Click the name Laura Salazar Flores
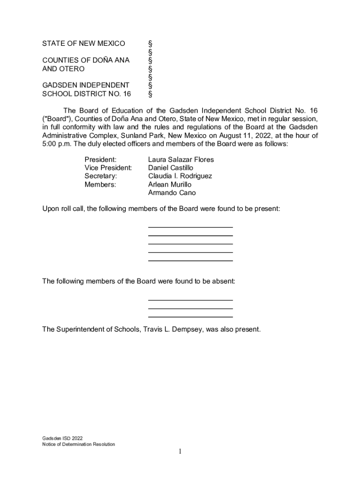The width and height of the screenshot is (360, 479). (180, 160)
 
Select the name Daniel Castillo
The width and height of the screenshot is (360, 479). (171, 168)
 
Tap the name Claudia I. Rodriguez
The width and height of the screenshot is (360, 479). (180, 176)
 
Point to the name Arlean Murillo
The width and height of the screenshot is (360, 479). (170, 185)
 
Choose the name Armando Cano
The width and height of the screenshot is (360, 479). (172, 193)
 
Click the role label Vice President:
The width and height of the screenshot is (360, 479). (108, 168)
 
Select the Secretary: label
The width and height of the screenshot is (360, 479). (101, 176)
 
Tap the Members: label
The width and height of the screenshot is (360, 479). (100, 185)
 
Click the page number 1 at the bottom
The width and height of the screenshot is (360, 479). (180, 451)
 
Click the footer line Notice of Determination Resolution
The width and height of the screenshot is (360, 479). (78, 444)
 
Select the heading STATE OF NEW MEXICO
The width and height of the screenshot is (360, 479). (84, 44)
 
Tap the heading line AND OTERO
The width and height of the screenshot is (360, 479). (64, 69)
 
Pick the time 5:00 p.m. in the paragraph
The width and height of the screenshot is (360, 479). (56, 144)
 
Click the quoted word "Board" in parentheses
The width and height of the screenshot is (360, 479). (55, 119)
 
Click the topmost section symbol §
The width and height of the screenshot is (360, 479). (150, 44)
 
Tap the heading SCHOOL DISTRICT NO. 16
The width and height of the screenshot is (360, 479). (86, 94)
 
